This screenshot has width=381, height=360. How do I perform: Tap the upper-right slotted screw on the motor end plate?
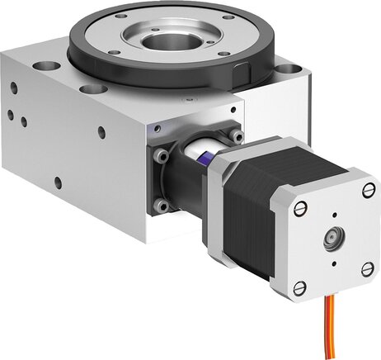click(x=367, y=191)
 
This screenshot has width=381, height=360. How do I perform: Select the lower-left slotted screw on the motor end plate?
click(x=301, y=286)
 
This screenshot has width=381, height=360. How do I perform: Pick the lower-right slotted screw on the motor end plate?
click(x=367, y=268)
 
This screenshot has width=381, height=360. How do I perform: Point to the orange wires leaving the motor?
click(x=330, y=330)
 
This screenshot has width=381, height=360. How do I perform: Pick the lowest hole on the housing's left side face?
click(x=57, y=182)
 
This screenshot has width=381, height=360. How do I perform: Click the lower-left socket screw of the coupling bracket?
click(x=162, y=204)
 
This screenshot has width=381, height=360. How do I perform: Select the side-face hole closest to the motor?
click(x=101, y=131)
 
